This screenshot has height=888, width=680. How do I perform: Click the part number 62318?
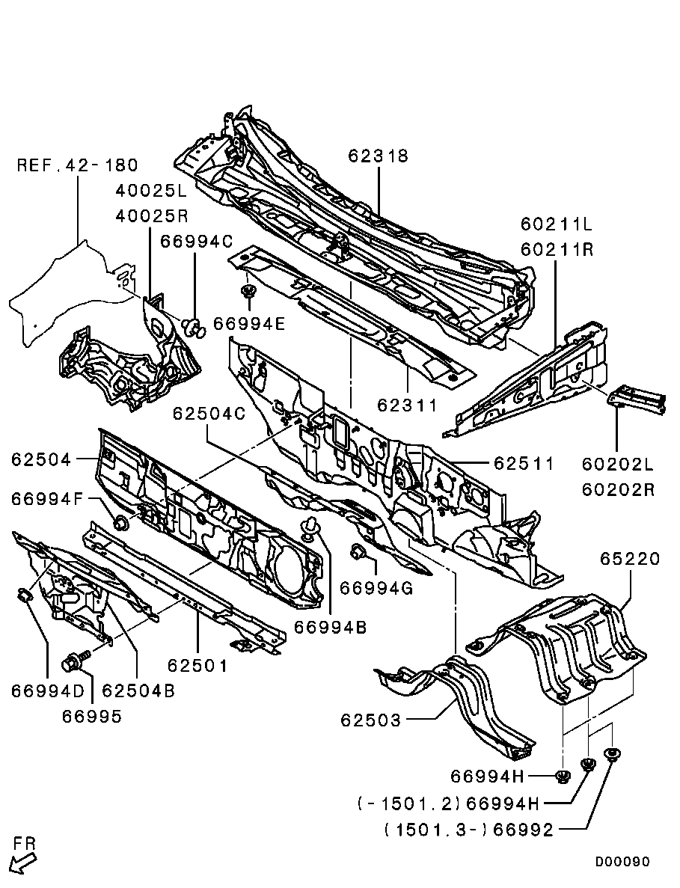tap(378, 156)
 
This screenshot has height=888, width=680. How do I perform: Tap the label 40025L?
tap(150, 191)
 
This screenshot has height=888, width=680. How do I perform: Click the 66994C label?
tap(196, 241)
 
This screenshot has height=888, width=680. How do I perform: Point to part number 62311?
tap(406, 405)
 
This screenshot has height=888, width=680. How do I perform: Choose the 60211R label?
tap(557, 250)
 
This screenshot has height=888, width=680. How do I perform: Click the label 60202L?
tap(618, 465)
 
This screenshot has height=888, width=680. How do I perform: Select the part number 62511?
tap(524, 464)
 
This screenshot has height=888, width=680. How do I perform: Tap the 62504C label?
tap(209, 414)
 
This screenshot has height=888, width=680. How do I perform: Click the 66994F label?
tap(46, 499)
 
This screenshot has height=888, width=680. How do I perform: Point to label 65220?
tap(630, 559)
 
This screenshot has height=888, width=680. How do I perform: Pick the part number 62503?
tap(371, 720)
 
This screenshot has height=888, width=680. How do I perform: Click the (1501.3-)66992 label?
tap(469, 830)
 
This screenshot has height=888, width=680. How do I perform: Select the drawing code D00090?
tap(622, 862)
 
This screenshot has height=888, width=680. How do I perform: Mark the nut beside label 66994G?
tap(358, 554)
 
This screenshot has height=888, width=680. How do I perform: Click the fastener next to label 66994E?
tap(248, 290)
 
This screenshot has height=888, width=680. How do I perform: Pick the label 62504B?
tap(138, 691)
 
